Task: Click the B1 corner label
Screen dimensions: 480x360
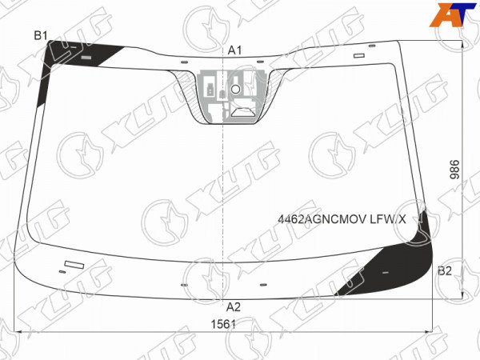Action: tap(41, 36)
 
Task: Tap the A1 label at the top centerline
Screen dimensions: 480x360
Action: tap(234, 50)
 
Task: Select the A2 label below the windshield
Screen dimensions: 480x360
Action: tap(234, 307)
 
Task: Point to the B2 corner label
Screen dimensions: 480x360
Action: tap(445, 271)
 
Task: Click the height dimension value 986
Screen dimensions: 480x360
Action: tap(455, 170)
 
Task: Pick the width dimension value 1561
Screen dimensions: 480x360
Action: tap(223, 324)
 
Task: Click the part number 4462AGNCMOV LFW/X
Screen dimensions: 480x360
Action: tap(342, 219)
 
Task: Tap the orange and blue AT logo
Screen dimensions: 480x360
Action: tap(453, 14)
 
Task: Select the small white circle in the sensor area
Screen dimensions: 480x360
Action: tap(235, 90)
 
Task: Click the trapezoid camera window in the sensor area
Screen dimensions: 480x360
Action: tap(243, 112)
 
